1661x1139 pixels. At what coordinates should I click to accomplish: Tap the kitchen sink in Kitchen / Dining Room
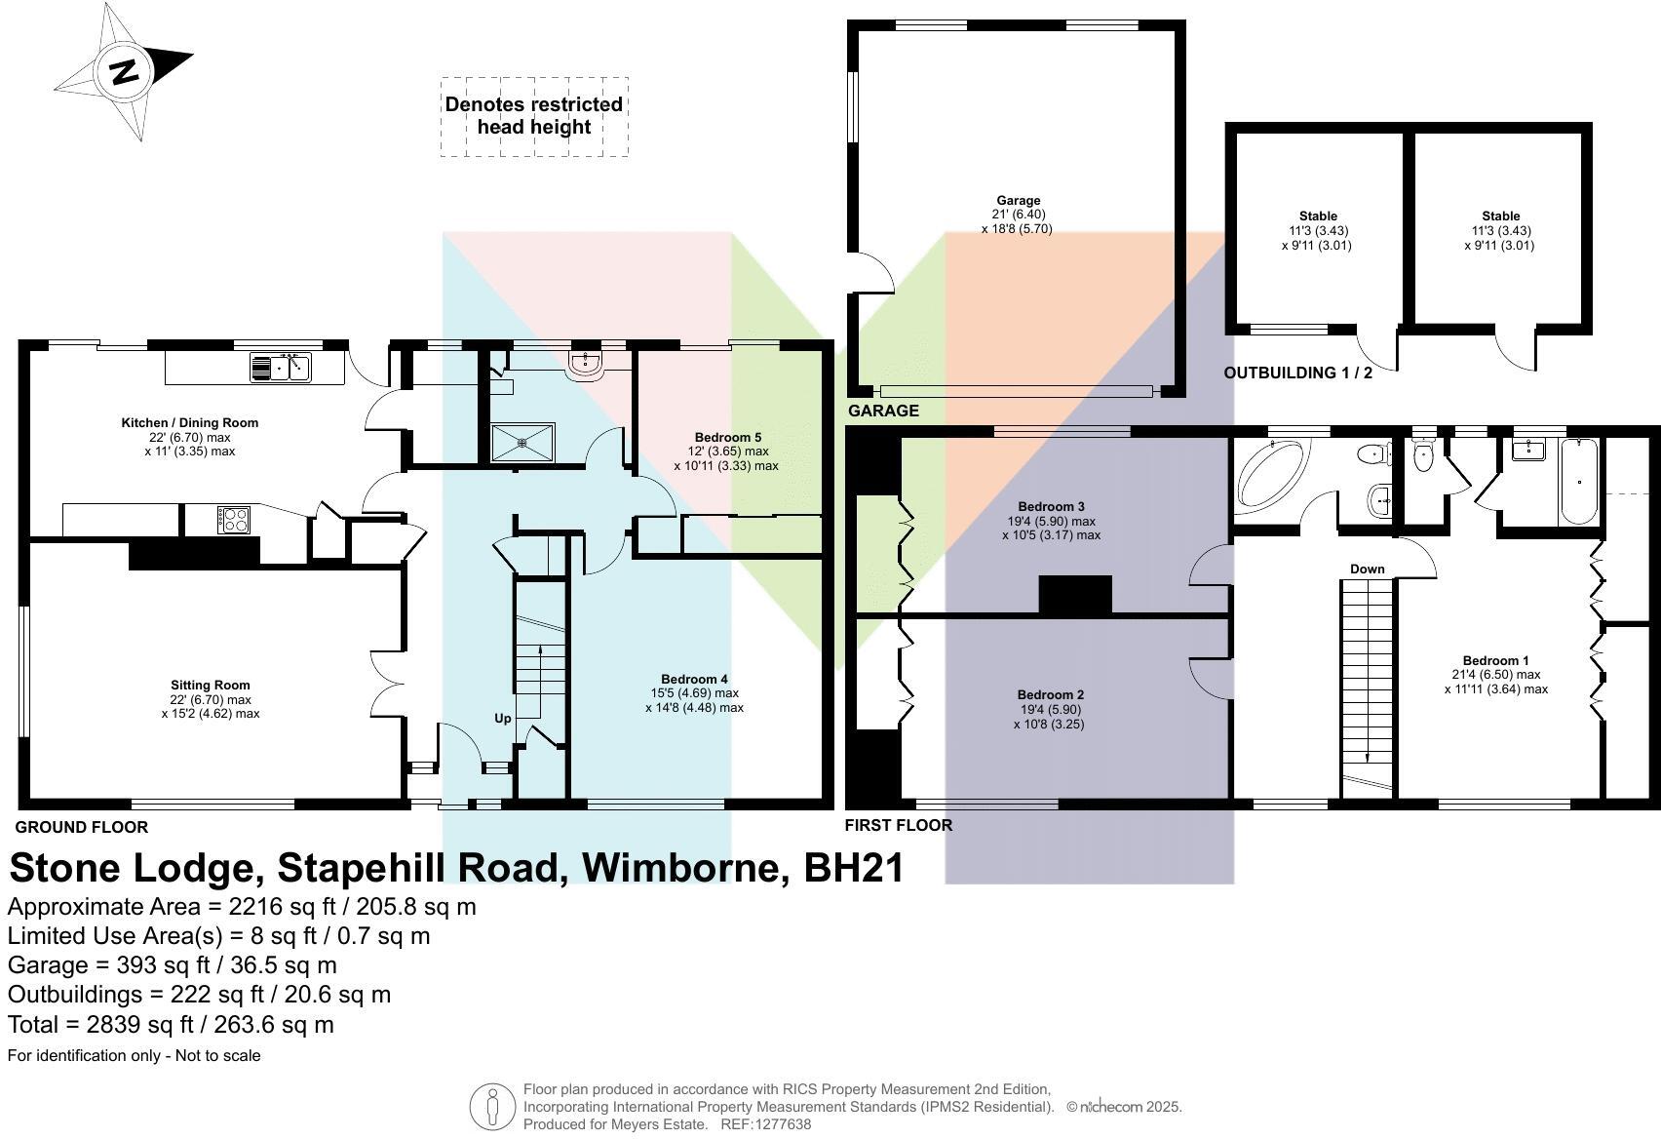[x=281, y=368]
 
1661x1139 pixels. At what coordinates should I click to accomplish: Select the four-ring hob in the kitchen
[x=234, y=519]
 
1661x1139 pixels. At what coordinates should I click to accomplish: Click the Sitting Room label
[x=210, y=686]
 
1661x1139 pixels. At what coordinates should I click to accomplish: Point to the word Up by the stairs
[x=502, y=718]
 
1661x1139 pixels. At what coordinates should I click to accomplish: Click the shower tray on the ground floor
[x=522, y=442]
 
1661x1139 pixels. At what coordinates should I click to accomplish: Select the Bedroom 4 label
[x=694, y=679]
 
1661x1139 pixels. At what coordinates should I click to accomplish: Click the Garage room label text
[x=1018, y=201]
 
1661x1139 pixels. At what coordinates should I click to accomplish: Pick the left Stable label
[x=1318, y=216]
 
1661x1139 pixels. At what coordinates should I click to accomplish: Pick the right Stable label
[x=1500, y=216]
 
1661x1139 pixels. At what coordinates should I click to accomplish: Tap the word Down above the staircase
[x=1367, y=569]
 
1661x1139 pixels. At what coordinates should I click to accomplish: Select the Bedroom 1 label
[x=1496, y=660]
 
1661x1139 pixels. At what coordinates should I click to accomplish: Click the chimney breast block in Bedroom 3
[x=1075, y=594]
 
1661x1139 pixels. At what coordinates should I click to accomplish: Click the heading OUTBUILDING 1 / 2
[x=1297, y=373]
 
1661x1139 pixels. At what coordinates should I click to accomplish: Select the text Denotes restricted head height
[x=533, y=116]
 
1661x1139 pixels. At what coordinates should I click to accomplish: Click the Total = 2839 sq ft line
[x=171, y=1025]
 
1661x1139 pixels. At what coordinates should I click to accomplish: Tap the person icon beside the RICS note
[x=492, y=1107]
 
